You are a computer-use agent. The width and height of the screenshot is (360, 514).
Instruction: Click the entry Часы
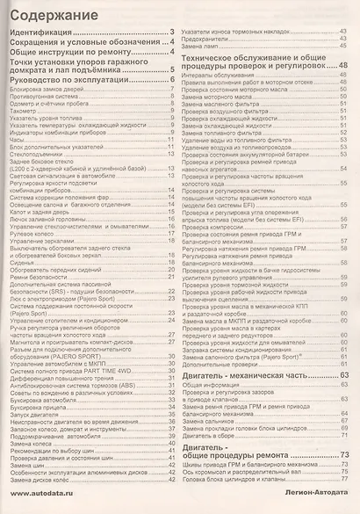[x=17, y=139]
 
